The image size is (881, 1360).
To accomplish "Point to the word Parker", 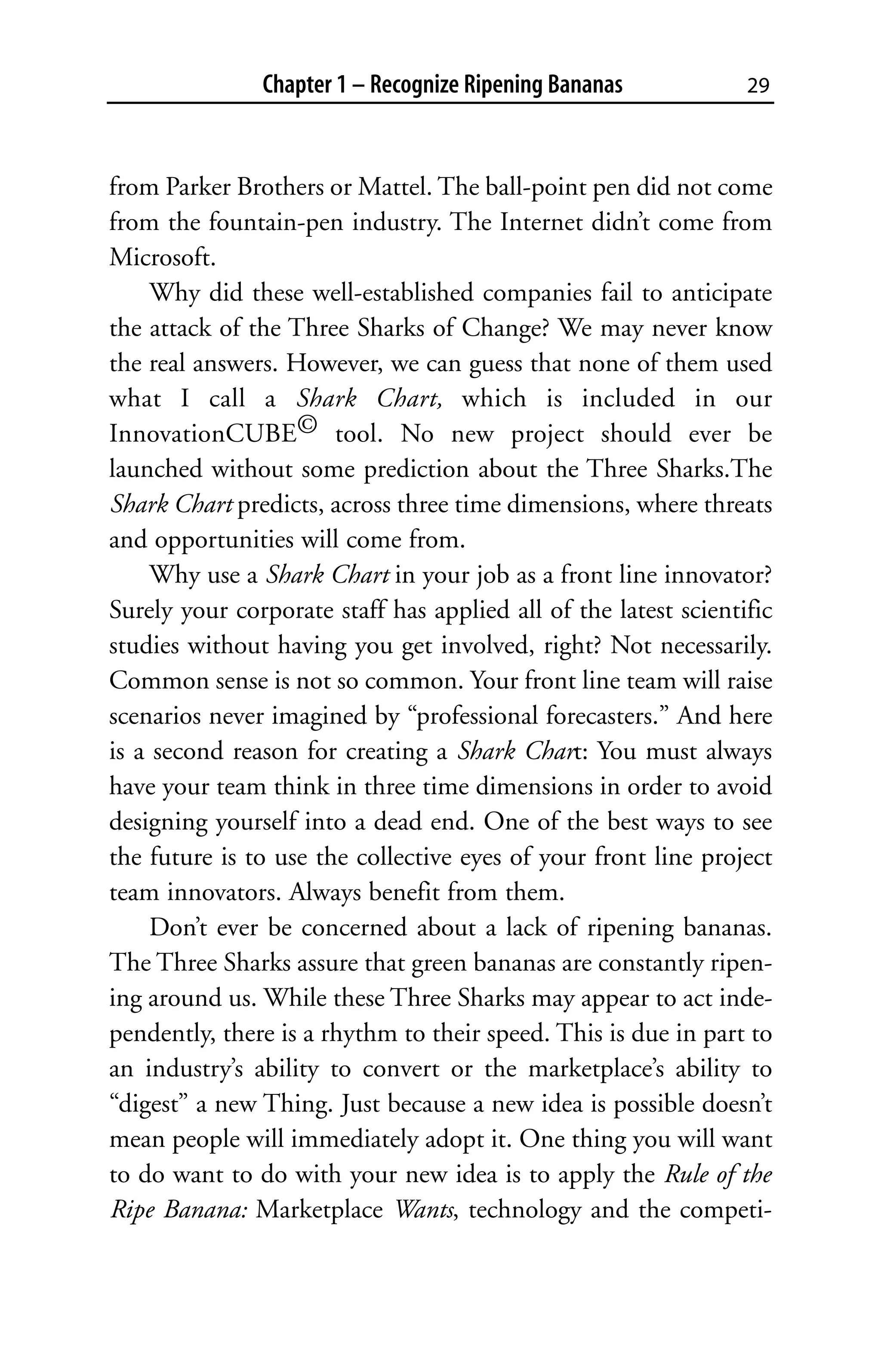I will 198,187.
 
